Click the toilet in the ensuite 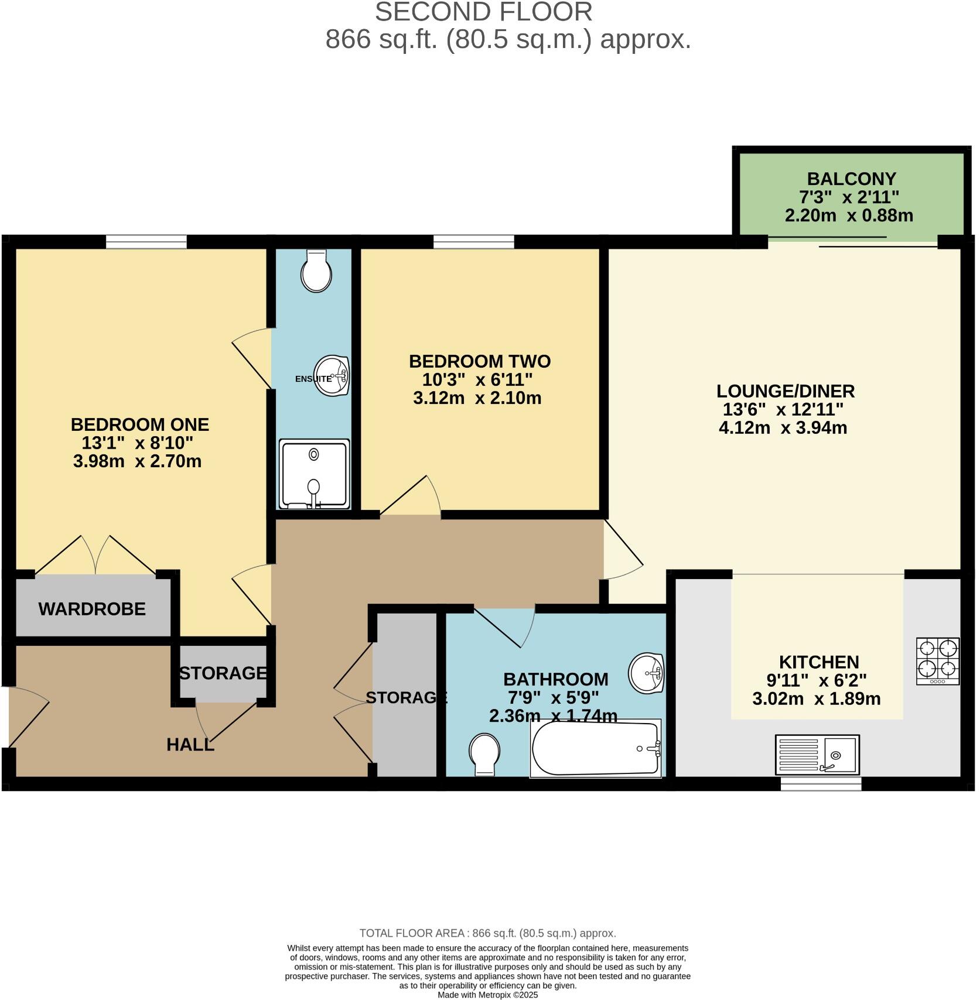[x=316, y=271]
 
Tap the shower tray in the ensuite [x=314, y=474]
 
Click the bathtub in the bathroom [x=596, y=748]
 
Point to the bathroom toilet [x=485, y=754]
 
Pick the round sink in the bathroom [x=647, y=672]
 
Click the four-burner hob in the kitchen [x=938, y=660]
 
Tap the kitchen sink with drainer [x=817, y=754]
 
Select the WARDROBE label [x=92, y=609]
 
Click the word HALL [x=190, y=745]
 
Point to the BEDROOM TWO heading [x=479, y=361]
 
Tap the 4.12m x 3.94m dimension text [x=783, y=427]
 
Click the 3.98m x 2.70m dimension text [x=137, y=461]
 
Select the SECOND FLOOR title [x=483, y=12]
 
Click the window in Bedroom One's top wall [x=146, y=241]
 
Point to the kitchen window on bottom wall [x=821, y=783]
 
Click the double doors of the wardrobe [x=95, y=555]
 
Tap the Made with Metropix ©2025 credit [x=487, y=995]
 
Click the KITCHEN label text [x=818, y=662]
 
